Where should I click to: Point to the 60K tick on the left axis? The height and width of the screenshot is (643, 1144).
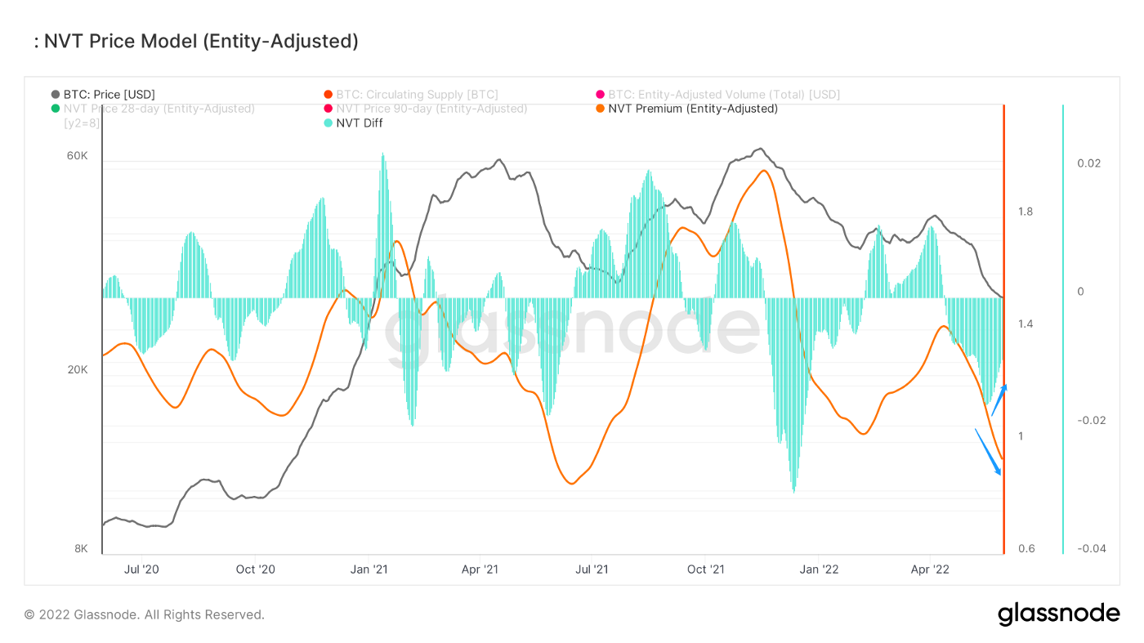(77, 156)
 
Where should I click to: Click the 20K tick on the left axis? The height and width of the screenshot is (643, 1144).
(77, 370)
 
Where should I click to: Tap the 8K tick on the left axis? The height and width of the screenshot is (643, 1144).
(81, 549)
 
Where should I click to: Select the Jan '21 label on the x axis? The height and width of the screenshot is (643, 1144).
(373, 569)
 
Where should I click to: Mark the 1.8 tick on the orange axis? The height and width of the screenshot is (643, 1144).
(1026, 212)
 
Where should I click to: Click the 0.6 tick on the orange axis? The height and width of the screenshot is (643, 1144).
(1026, 549)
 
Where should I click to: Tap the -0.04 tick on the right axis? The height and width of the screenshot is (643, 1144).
(1091, 549)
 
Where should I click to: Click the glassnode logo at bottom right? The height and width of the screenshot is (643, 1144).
(1058, 614)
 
